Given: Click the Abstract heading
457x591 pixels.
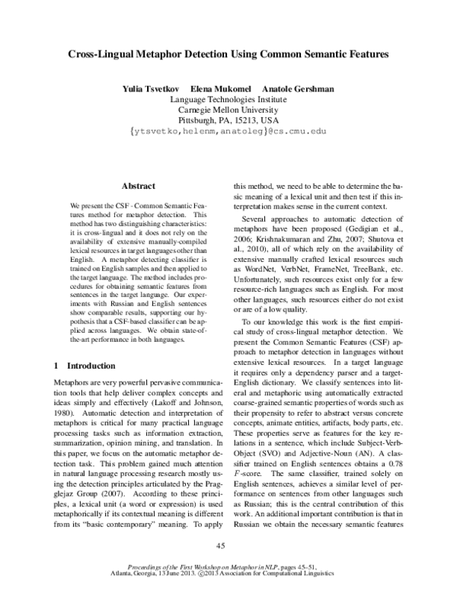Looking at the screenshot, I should click(x=139, y=186).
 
